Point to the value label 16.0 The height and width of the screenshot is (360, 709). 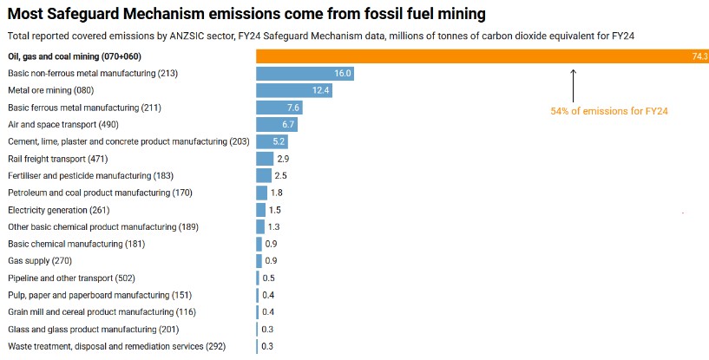342,74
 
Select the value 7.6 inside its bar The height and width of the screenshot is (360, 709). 293,108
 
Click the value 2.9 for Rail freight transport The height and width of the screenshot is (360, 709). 283,159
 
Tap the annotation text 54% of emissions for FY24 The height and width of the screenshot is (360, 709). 608,111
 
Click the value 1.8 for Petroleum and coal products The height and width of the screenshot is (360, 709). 277,193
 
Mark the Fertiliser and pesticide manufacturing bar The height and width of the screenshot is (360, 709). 263,176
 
